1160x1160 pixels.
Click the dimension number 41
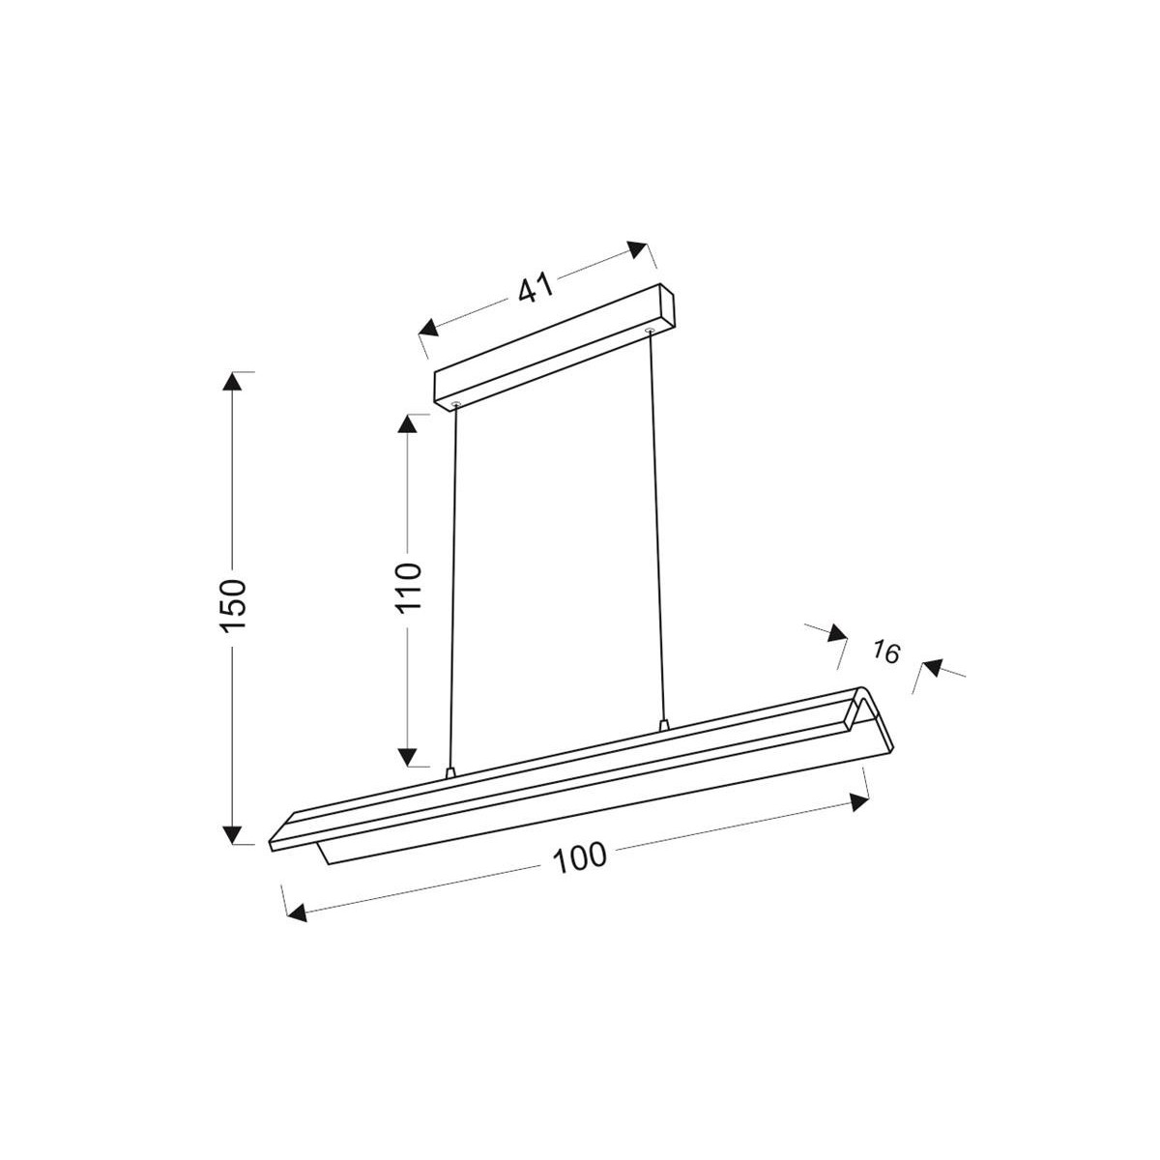click(535, 287)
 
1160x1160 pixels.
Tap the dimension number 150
click(234, 606)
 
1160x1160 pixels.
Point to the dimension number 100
click(580, 856)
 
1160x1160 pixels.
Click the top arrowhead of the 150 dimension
click(232, 381)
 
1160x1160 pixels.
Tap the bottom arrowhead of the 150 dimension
click(232, 833)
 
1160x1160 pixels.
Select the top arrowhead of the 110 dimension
click(409, 424)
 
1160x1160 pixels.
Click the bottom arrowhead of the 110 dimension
click(409, 756)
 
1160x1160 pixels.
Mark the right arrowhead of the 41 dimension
click(637, 248)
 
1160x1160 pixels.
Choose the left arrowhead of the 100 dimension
click(298, 912)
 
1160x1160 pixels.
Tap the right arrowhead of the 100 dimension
click(856, 801)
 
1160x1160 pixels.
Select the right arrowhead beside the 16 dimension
click(931, 666)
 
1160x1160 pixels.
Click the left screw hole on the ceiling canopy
click(455, 402)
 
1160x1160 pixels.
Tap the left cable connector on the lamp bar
click(449, 772)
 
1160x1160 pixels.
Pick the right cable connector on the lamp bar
click(662, 724)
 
